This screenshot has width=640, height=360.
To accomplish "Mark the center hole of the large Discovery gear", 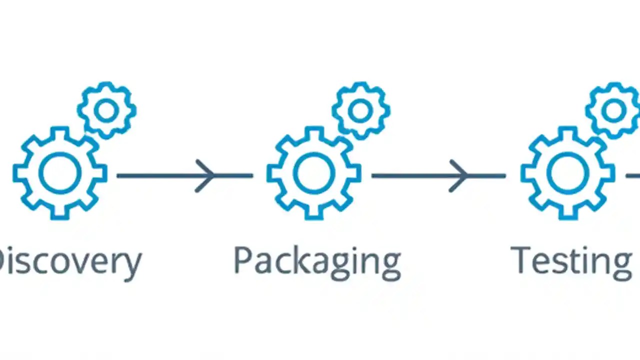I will pyautogui.click(x=60, y=172).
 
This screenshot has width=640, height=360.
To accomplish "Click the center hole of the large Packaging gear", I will pyautogui.click(x=314, y=172).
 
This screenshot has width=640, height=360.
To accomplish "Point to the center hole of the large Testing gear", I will pyautogui.click(x=567, y=172).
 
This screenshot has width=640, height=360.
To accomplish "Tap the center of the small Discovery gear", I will pyautogui.click(x=106, y=110).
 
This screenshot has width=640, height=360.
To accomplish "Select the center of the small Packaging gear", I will pyautogui.click(x=360, y=110).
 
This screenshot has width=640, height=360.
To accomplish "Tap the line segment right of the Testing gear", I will pyautogui.click(x=633, y=175).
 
